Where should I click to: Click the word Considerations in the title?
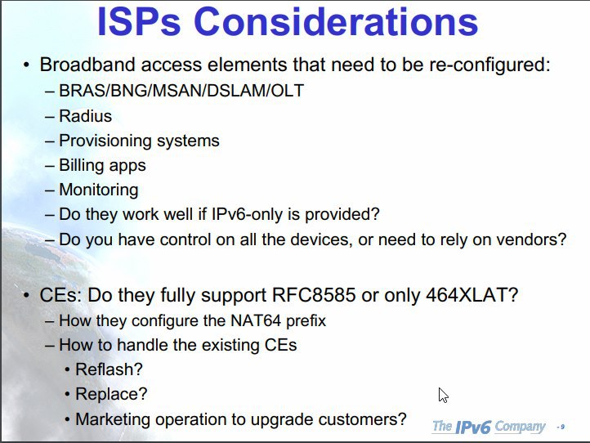tap(336, 21)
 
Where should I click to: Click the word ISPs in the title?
tap(139, 21)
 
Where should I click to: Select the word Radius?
tap(86, 116)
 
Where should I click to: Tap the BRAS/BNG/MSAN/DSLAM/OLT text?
tap(181, 91)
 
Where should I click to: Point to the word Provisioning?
tap(105, 141)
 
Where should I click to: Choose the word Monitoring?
tap(99, 190)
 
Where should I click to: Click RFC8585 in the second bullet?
tap(314, 295)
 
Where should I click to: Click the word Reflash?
tap(105, 369)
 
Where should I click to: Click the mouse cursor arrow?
tap(443, 395)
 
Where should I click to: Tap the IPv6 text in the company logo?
tap(473, 427)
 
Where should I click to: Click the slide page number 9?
tap(562, 427)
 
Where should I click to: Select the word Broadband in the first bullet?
tap(87, 65)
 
